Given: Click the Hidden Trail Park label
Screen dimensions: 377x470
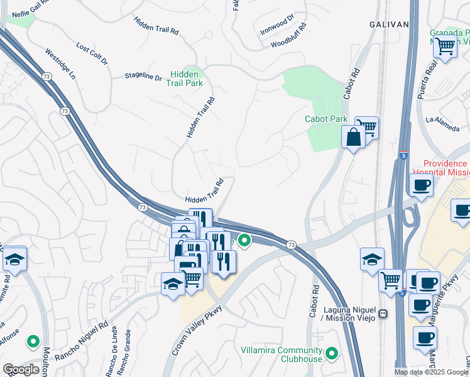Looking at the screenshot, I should [185, 77].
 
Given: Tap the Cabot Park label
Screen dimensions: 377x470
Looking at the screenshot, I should [325, 119].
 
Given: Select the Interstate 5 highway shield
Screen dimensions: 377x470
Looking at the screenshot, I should [403, 155].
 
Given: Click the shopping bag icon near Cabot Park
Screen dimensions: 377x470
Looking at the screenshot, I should [353, 136].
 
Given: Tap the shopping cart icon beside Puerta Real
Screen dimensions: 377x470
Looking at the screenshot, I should [445, 46].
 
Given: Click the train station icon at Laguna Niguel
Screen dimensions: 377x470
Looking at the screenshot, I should [382, 312].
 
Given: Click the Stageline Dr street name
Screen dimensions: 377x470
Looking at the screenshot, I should [143, 77].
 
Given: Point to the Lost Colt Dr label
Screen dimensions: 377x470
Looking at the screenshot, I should [92, 54].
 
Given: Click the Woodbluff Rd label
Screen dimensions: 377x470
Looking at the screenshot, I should [289, 36].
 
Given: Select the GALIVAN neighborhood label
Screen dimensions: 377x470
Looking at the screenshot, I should [389, 24].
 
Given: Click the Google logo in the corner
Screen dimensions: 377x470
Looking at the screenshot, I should [21, 369].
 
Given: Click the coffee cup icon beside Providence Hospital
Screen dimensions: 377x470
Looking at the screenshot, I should [420, 185].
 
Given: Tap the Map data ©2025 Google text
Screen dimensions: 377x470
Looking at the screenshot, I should [431, 372].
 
